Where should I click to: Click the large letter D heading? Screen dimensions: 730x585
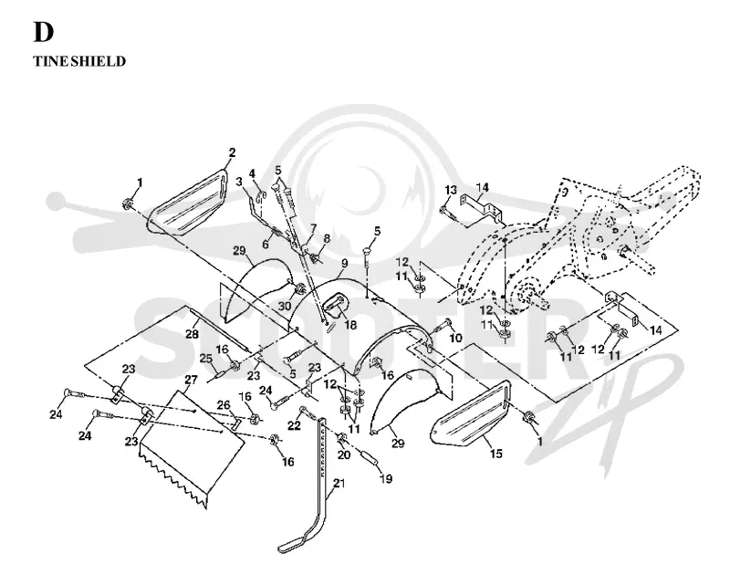click(43, 32)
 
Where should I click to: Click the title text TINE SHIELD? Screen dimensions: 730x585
click(79, 61)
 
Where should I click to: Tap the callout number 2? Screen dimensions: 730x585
click(232, 152)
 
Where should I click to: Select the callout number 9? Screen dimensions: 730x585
click(344, 263)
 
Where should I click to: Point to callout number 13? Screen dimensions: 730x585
click(451, 190)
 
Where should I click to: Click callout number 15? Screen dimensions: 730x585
click(496, 453)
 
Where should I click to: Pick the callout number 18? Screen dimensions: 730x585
click(349, 325)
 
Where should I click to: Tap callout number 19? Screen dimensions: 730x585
click(386, 478)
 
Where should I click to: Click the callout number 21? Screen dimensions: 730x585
click(339, 484)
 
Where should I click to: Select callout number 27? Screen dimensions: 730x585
click(192, 380)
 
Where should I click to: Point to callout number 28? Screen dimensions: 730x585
click(192, 333)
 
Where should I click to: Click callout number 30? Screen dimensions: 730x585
click(285, 306)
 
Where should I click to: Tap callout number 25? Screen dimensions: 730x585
click(206, 359)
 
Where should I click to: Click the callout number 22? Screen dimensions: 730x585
click(294, 424)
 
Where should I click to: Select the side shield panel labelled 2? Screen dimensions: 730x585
click(186, 204)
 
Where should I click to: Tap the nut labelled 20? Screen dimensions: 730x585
click(341, 437)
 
